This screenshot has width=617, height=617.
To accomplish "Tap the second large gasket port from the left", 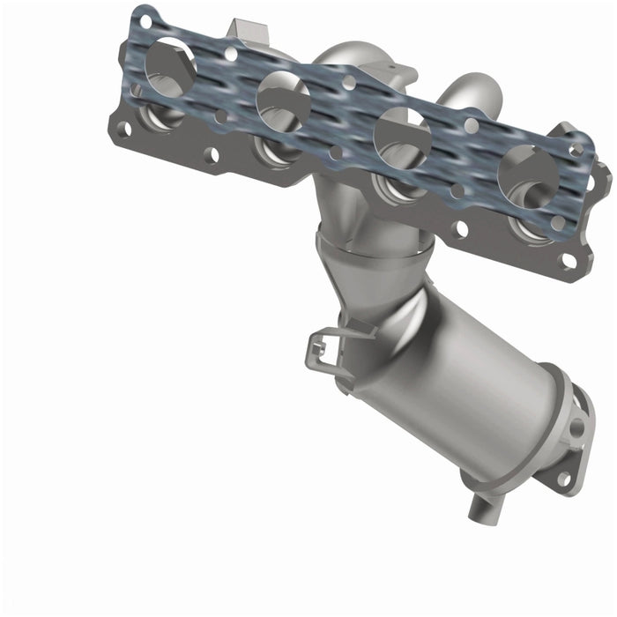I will (283, 100).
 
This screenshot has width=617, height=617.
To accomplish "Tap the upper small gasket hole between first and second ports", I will (231, 54).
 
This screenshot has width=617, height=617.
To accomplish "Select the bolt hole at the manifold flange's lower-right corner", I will (569, 261).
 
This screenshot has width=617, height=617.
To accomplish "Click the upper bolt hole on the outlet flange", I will (577, 428).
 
